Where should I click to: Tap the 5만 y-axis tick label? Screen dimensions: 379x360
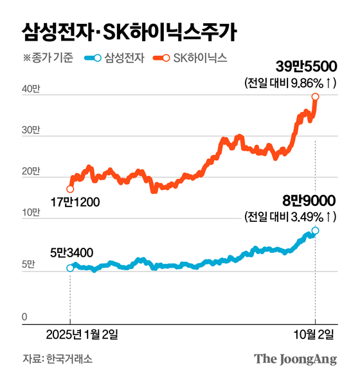point(28,264)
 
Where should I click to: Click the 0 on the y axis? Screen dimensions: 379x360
point(25,316)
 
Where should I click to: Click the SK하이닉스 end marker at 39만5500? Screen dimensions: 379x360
point(316,97)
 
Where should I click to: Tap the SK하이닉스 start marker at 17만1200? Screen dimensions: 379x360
point(70,189)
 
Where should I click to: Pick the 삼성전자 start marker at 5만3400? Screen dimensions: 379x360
point(70,268)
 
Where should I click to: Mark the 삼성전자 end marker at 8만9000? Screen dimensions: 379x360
point(316,230)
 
